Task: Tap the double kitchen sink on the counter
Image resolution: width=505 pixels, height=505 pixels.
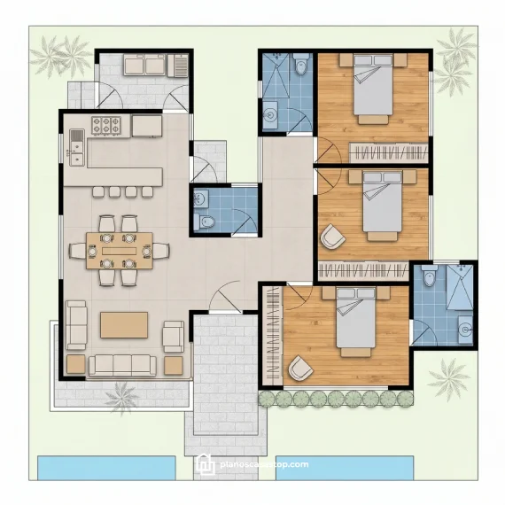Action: [x=75, y=139]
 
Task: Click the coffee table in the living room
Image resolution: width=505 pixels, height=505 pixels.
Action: [x=123, y=324]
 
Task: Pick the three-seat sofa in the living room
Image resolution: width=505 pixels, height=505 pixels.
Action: [x=122, y=363]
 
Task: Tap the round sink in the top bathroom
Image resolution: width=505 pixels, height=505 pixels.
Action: [x=269, y=113]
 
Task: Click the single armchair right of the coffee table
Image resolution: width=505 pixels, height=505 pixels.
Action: [x=173, y=335]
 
